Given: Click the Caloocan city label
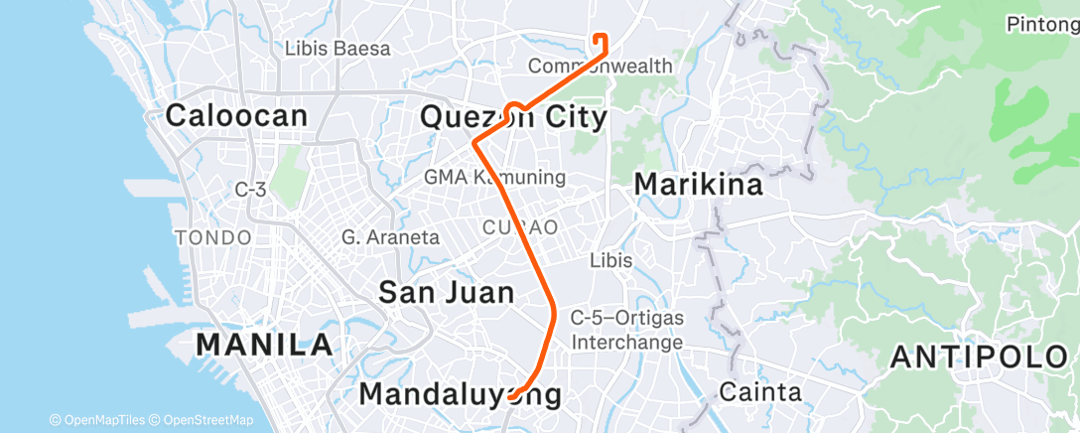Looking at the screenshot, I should coord(236,115).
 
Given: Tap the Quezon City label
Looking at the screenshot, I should coord(513,117).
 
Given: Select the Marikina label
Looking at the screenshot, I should coord(699,185).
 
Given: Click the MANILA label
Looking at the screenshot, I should coord(264,346).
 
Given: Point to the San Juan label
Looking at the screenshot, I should coord(447,292).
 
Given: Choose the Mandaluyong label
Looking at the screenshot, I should coord(460,394).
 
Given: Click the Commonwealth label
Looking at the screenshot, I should coord(600,67).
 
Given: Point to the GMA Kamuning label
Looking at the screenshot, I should coord(494,178).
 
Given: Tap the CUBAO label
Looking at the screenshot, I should coord(520,227).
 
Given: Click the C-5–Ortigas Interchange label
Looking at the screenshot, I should coord(626,330).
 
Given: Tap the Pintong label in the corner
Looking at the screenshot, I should coord(1042,23).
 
